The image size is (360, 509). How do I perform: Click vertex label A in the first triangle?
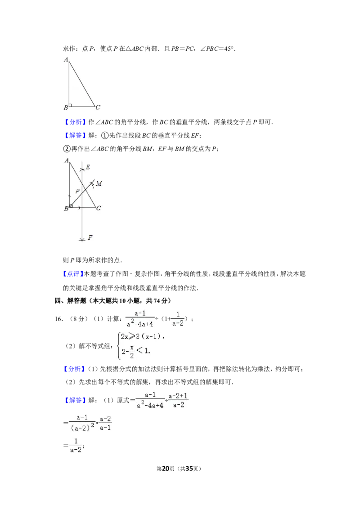pos(66,60)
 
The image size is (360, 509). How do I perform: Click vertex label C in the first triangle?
pos(98,107)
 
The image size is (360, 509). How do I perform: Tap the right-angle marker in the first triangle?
pos(71,105)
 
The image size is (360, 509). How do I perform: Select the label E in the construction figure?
pos(88,167)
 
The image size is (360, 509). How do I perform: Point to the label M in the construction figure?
pos(99,183)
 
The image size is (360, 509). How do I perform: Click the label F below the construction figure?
pos(90,237)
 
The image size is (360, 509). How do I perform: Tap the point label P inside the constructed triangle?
pos(77,191)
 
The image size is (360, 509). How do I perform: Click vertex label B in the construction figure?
pos(66,208)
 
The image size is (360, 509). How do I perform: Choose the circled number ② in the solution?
pos(67,149)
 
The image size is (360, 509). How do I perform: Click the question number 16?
pos(58,319)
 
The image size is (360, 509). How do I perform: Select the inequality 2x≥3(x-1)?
pos(142,336)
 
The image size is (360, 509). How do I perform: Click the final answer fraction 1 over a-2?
pos(76,445)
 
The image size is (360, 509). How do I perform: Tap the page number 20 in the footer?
pos(166,469)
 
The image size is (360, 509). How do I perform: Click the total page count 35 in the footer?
pos(189,469)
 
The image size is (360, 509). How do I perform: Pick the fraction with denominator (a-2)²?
pos(82,424)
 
